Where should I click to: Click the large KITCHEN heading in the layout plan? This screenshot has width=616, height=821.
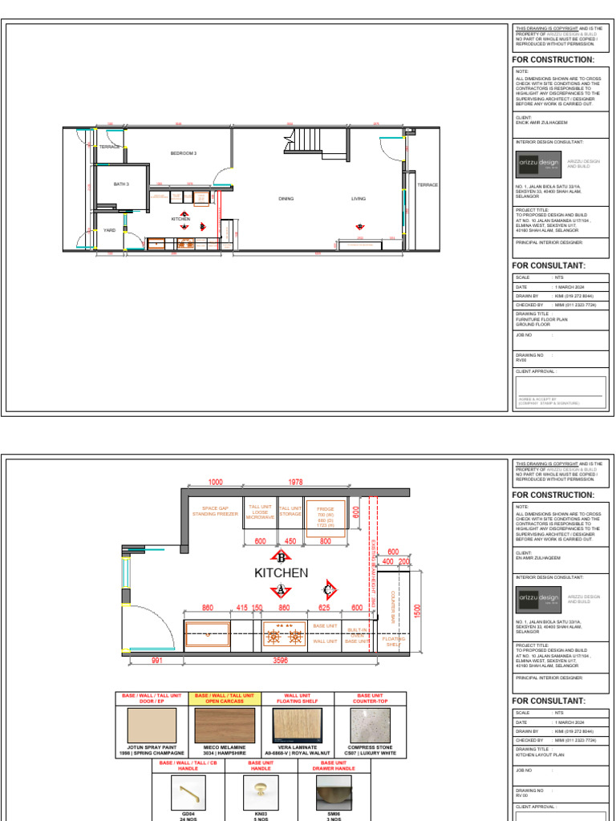pos(281,573)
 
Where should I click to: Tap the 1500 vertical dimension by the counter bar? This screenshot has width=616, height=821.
pos(416,611)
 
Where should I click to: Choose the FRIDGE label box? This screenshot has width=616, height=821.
pos(326,518)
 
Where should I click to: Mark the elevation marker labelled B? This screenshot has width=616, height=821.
pos(281,556)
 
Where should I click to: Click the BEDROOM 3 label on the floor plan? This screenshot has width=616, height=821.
pos(183,153)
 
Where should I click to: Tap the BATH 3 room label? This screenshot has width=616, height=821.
pos(120,184)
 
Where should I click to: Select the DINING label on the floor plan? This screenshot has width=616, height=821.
pos(286,198)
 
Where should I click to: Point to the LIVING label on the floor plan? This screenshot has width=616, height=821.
pos(358,198)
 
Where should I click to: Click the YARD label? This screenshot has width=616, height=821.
pos(109,230)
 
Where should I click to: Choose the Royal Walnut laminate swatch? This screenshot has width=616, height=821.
pos(297,725)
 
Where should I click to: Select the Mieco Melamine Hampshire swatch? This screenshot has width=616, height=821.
pos(225,725)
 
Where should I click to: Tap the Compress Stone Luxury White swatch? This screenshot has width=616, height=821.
pos(370,725)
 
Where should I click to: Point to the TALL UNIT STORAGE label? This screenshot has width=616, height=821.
pos(290,511)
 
